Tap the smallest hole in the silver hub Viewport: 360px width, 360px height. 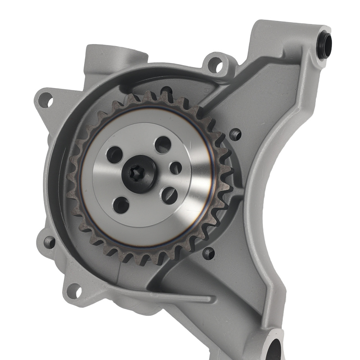click(x=176, y=167)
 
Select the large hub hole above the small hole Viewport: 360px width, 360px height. click(x=163, y=144)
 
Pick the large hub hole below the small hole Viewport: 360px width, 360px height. click(x=169, y=195)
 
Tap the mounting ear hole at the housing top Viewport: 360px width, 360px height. click(x=215, y=64)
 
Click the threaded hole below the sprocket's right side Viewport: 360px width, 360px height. click(x=208, y=253)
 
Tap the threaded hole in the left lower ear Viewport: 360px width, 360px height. click(x=49, y=242)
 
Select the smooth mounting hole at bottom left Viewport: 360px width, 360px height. click(x=74, y=290)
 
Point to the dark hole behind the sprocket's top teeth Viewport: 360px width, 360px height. click(x=166, y=89)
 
